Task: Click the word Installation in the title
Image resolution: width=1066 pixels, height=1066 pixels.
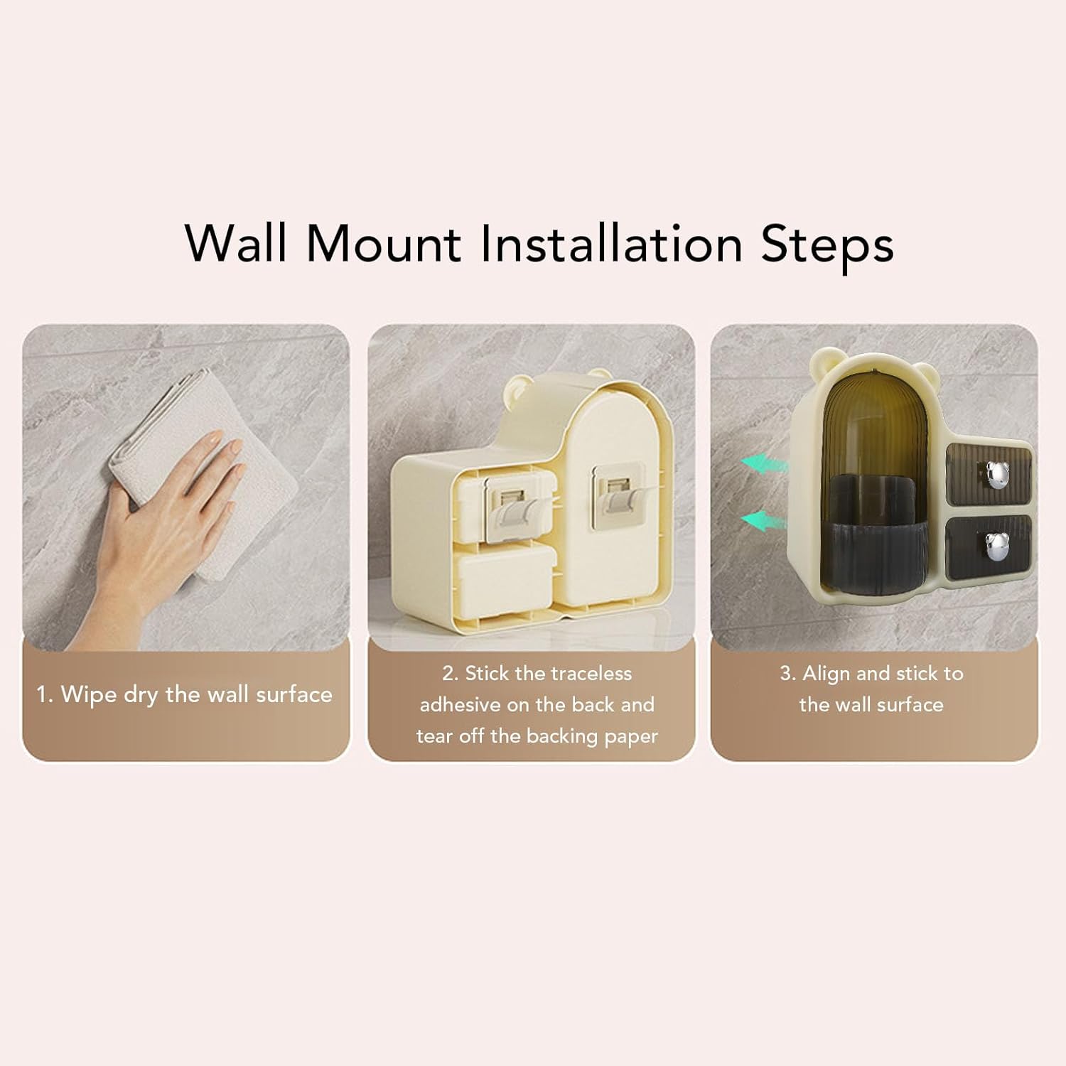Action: pyautogui.click(x=611, y=243)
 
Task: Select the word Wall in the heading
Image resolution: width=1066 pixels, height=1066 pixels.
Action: pyautogui.click(x=237, y=243)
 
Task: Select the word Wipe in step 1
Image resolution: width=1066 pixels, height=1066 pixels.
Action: pyautogui.click(x=90, y=695)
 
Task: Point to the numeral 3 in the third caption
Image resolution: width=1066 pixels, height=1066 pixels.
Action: pyautogui.click(x=786, y=674)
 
